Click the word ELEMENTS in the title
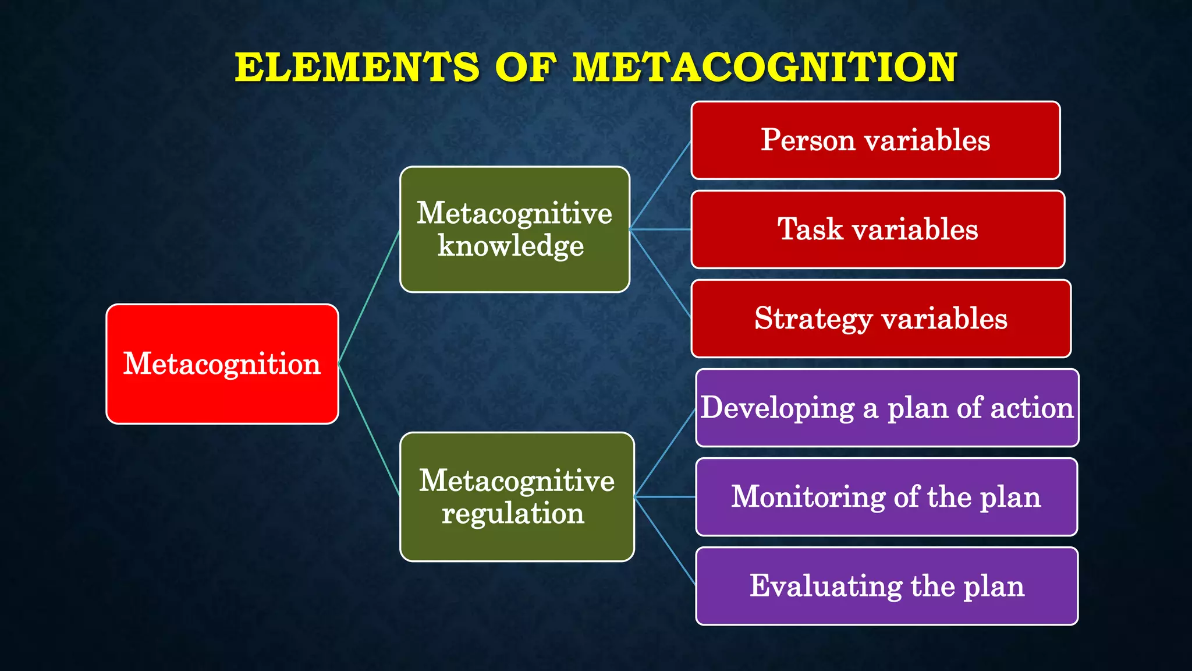[357, 67]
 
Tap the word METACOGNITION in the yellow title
[764, 67]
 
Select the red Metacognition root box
[222, 364]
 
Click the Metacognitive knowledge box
[515, 229]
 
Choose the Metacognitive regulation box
[516, 497]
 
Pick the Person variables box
[875, 140]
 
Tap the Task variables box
[877, 229]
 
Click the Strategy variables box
[881, 319]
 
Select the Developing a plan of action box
[886, 408]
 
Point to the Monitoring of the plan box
[886, 497]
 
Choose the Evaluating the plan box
[886, 586]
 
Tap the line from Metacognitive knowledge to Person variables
[661, 185]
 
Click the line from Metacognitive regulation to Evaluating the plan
[665, 541]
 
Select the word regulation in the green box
[513, 514]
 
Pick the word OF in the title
[524, 67]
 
